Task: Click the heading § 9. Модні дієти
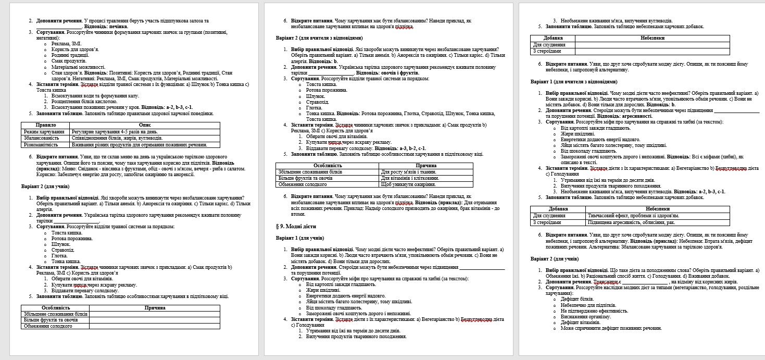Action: (x=295, y=227)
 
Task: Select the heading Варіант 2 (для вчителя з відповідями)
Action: (x=319, y=38)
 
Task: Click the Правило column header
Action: (x=45, y=125)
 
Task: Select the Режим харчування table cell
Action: (x=43, y=131)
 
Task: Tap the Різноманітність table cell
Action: (x=41, y=144)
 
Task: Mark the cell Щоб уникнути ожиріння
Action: (x=408, y=184)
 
